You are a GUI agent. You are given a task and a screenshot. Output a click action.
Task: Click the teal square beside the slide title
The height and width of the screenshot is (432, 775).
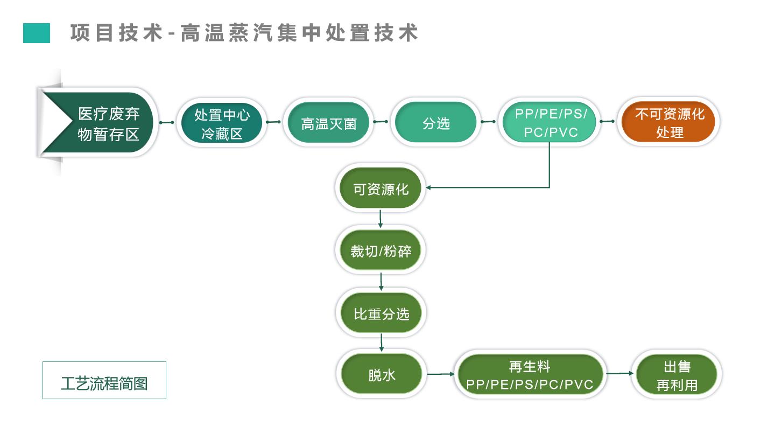point(37,33)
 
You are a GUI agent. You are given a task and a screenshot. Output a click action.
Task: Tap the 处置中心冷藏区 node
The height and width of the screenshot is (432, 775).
point(222,123)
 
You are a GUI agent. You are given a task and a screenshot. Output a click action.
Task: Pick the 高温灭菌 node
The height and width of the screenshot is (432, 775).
point(328,123)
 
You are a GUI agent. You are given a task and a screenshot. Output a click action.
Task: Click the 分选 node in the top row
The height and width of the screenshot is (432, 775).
point(436,123)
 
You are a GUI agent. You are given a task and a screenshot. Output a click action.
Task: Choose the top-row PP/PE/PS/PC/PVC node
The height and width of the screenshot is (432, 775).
point(549,123)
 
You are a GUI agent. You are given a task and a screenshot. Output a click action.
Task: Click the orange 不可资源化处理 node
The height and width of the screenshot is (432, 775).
point(669,123)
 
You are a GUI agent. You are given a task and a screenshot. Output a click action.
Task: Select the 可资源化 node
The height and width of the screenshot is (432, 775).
point(381,189)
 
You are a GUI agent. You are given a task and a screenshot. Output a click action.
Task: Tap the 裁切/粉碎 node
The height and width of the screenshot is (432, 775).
point(381,250)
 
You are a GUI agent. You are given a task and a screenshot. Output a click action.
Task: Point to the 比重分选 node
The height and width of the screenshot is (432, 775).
point(381,313)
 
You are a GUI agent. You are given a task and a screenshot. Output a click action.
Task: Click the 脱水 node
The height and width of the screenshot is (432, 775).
point(381,375)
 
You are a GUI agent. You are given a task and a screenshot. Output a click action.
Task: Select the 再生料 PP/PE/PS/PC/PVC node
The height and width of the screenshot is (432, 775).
point(530,375)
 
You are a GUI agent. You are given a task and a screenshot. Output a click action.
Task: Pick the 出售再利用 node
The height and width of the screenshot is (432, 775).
point(677,375)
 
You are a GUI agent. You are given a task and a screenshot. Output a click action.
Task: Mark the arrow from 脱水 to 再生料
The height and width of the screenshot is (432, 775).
point(441,373)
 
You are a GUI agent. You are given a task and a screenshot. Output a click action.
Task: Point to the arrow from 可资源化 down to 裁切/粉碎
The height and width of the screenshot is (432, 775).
point(381,219)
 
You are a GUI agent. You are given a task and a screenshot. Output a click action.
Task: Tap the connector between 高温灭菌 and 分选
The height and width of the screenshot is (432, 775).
point(381,122)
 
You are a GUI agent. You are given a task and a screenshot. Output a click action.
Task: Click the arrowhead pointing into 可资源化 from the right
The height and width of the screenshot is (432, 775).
point(429,188)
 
